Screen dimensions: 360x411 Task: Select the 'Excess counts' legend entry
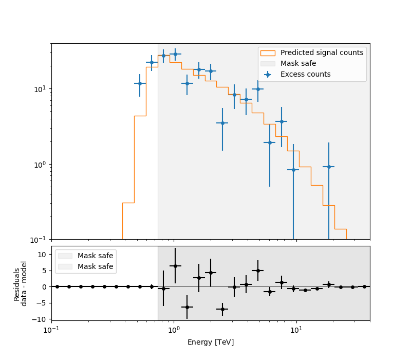click(x=305, y=74)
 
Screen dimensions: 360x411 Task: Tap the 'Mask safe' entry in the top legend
click(x=298, y=63)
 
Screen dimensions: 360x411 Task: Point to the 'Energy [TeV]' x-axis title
click(x=211, y=342)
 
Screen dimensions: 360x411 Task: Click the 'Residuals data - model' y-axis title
click(x=21, y=283)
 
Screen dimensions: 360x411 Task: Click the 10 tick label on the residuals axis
click(x=43, y=254)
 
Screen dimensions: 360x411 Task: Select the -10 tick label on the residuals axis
click(x=41, y=319)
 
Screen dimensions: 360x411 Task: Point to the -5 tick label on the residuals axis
click(x=43, y=303)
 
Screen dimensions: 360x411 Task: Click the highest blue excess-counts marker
click(x=175, y=54)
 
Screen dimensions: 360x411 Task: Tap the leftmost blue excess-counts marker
click(x=140, y=83)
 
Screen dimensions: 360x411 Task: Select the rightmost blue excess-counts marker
click(x=329, y=167)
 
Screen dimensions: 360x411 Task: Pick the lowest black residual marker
click(x=222, y=309)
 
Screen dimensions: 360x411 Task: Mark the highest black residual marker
click(x=175, y=266)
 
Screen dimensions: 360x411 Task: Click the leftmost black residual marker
click(x=57, y=286)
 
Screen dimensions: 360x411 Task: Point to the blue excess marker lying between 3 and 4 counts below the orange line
click(x=222, y=123)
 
